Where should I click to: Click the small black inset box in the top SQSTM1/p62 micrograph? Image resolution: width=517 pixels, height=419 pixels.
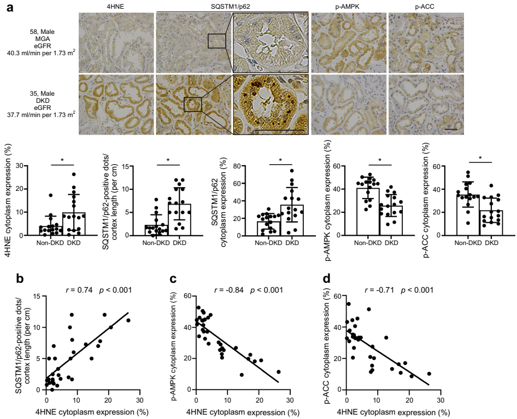217,40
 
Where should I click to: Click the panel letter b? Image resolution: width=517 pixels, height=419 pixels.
20,278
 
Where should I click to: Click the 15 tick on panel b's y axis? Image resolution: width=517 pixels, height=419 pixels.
38,296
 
